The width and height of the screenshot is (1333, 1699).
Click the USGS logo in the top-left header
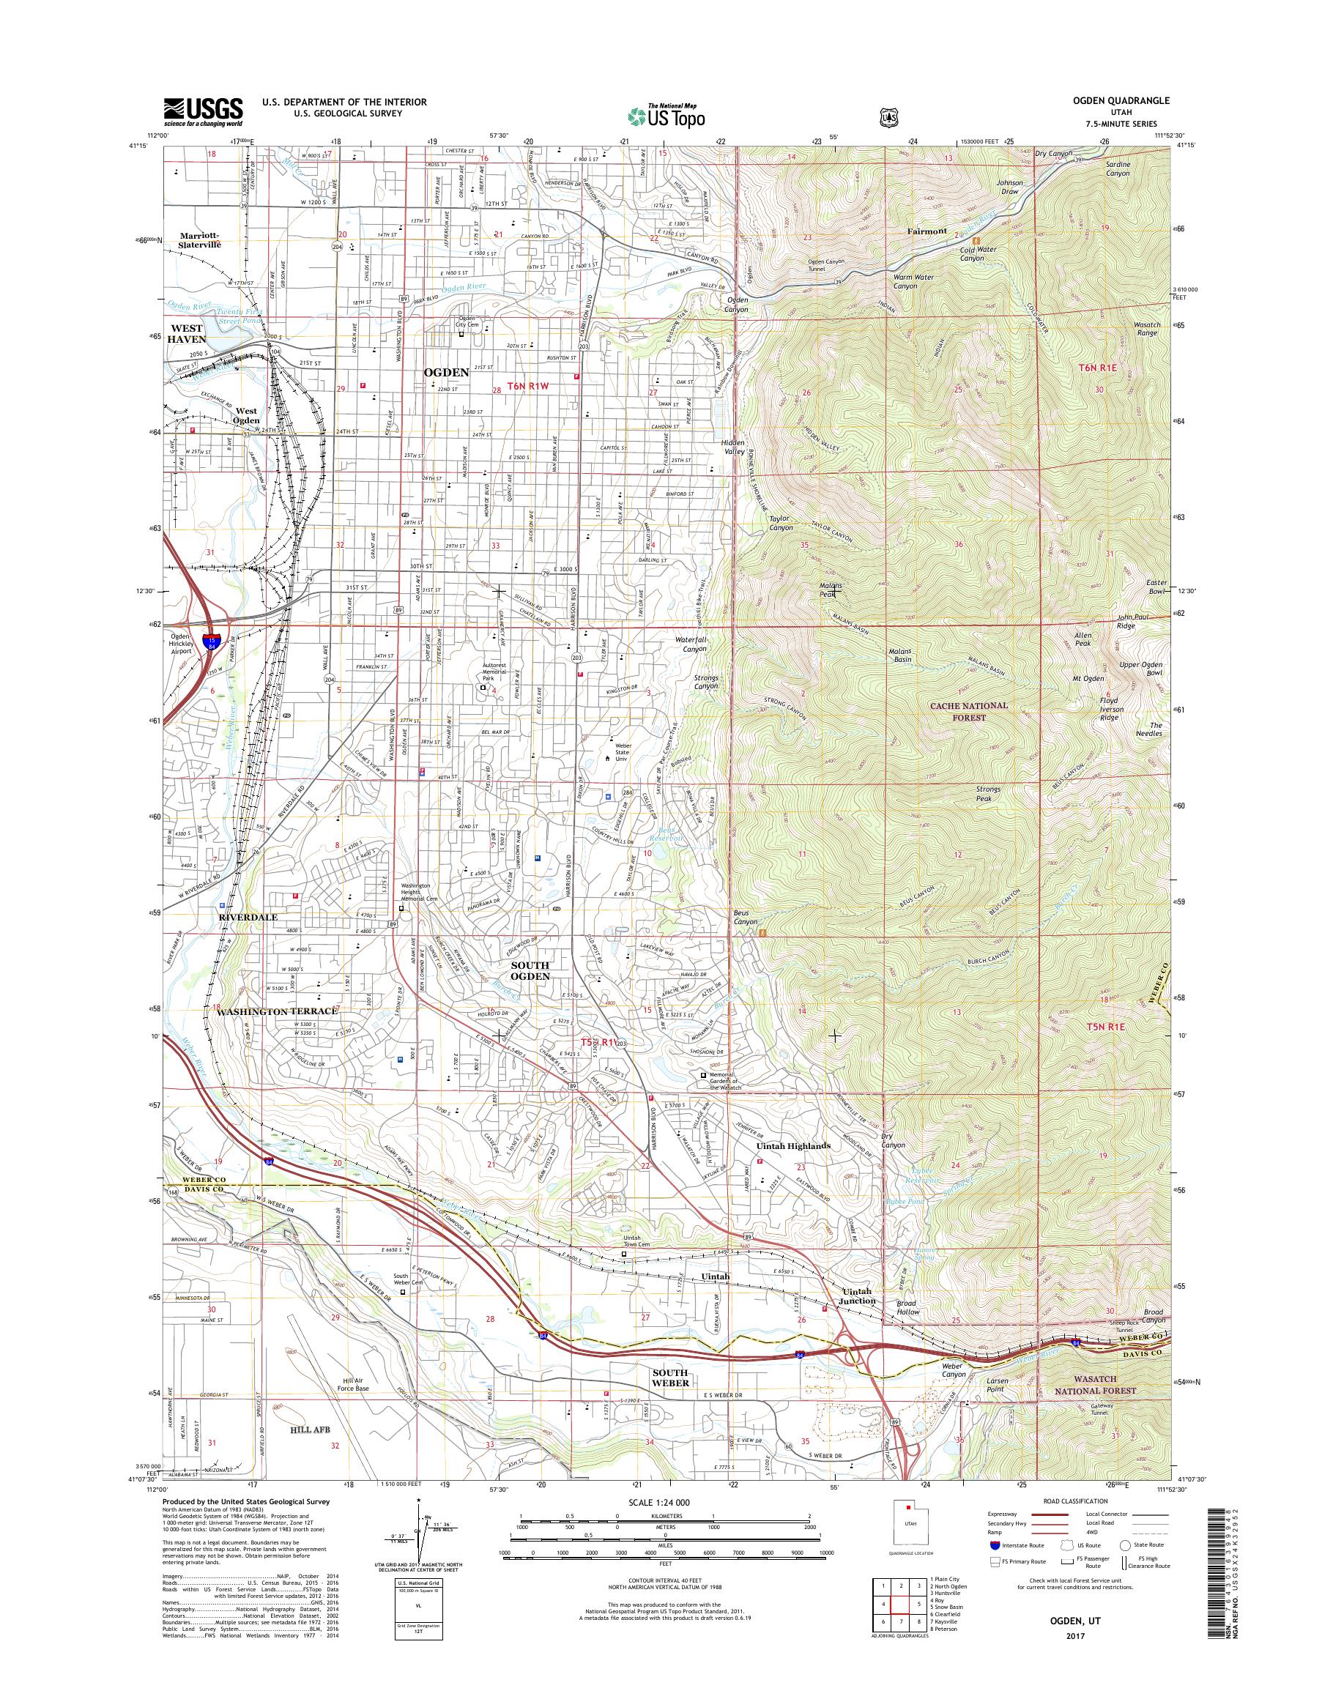pyautogui.click(x=203, y=111)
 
